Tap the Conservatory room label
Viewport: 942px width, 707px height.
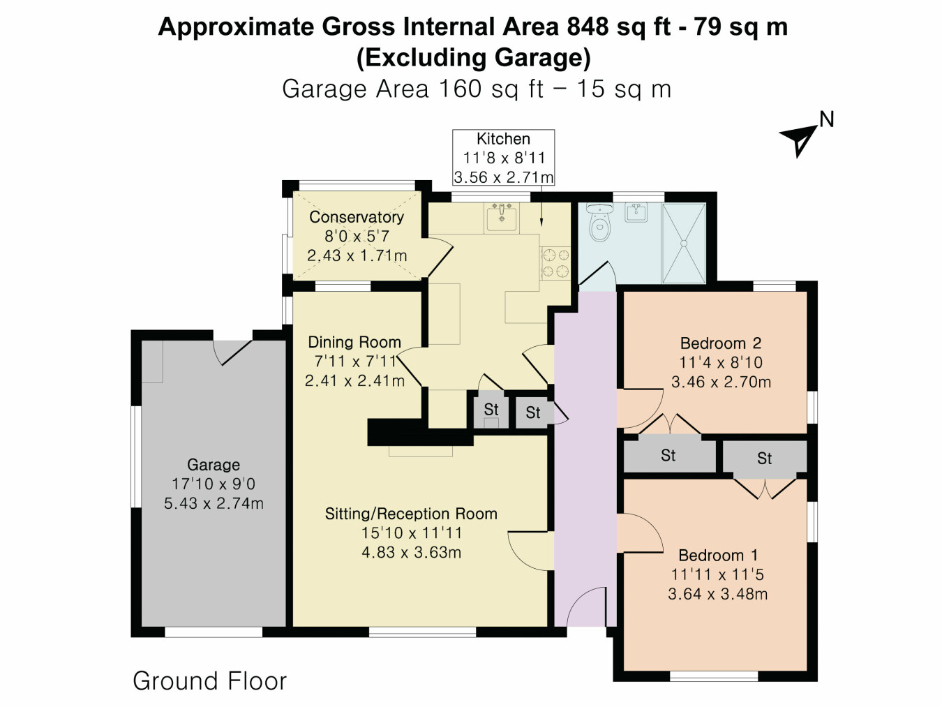coord(356,217)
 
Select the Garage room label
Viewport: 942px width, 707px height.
coord(214,465)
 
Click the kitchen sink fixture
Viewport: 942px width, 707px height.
coord(502,218)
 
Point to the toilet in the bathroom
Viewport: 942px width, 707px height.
coord(599,223)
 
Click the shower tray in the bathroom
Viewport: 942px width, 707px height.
coord(683,243)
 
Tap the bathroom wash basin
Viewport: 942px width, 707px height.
coord(636,212)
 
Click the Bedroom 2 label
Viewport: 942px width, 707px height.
coord(720,343)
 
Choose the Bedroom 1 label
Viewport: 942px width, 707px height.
coord(717,556)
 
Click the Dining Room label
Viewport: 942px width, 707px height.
coord(354,342)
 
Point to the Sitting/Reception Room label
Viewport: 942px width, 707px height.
coord(411,514)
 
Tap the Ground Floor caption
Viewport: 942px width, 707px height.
coord(209,681)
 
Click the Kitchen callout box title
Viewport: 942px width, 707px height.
coord(503,139)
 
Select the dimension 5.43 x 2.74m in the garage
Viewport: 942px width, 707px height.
coord(214,504)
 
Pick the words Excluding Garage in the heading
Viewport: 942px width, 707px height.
coord(473,57)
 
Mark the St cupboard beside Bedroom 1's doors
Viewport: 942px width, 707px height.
coord(764,459)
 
